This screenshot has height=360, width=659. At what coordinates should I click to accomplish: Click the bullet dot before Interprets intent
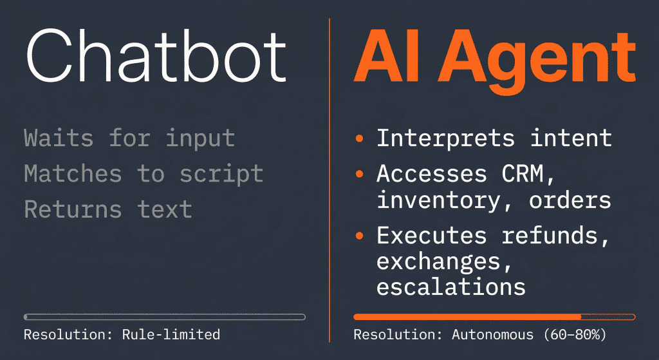coord(358,138)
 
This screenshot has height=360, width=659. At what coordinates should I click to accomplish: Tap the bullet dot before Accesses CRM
coord(358,174)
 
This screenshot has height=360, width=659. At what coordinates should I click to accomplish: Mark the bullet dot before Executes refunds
coord(358,236)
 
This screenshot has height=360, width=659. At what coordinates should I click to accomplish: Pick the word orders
coord(570,200)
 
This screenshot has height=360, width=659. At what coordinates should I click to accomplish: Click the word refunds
coord(556,236)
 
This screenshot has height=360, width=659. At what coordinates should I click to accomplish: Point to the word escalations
coord(451,287)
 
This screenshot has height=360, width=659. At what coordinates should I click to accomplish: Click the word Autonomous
coord(492,334)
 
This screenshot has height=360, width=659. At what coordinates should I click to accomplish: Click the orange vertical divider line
coord(329,180)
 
